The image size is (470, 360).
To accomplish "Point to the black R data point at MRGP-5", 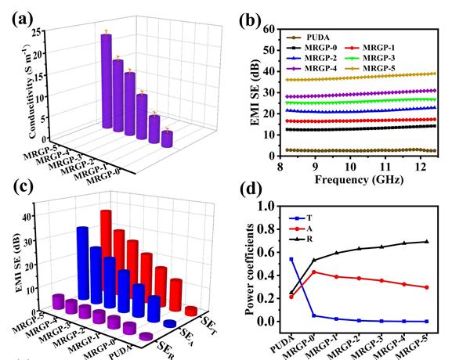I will (448, 241).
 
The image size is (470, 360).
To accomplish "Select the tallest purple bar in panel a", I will (106, 80).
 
